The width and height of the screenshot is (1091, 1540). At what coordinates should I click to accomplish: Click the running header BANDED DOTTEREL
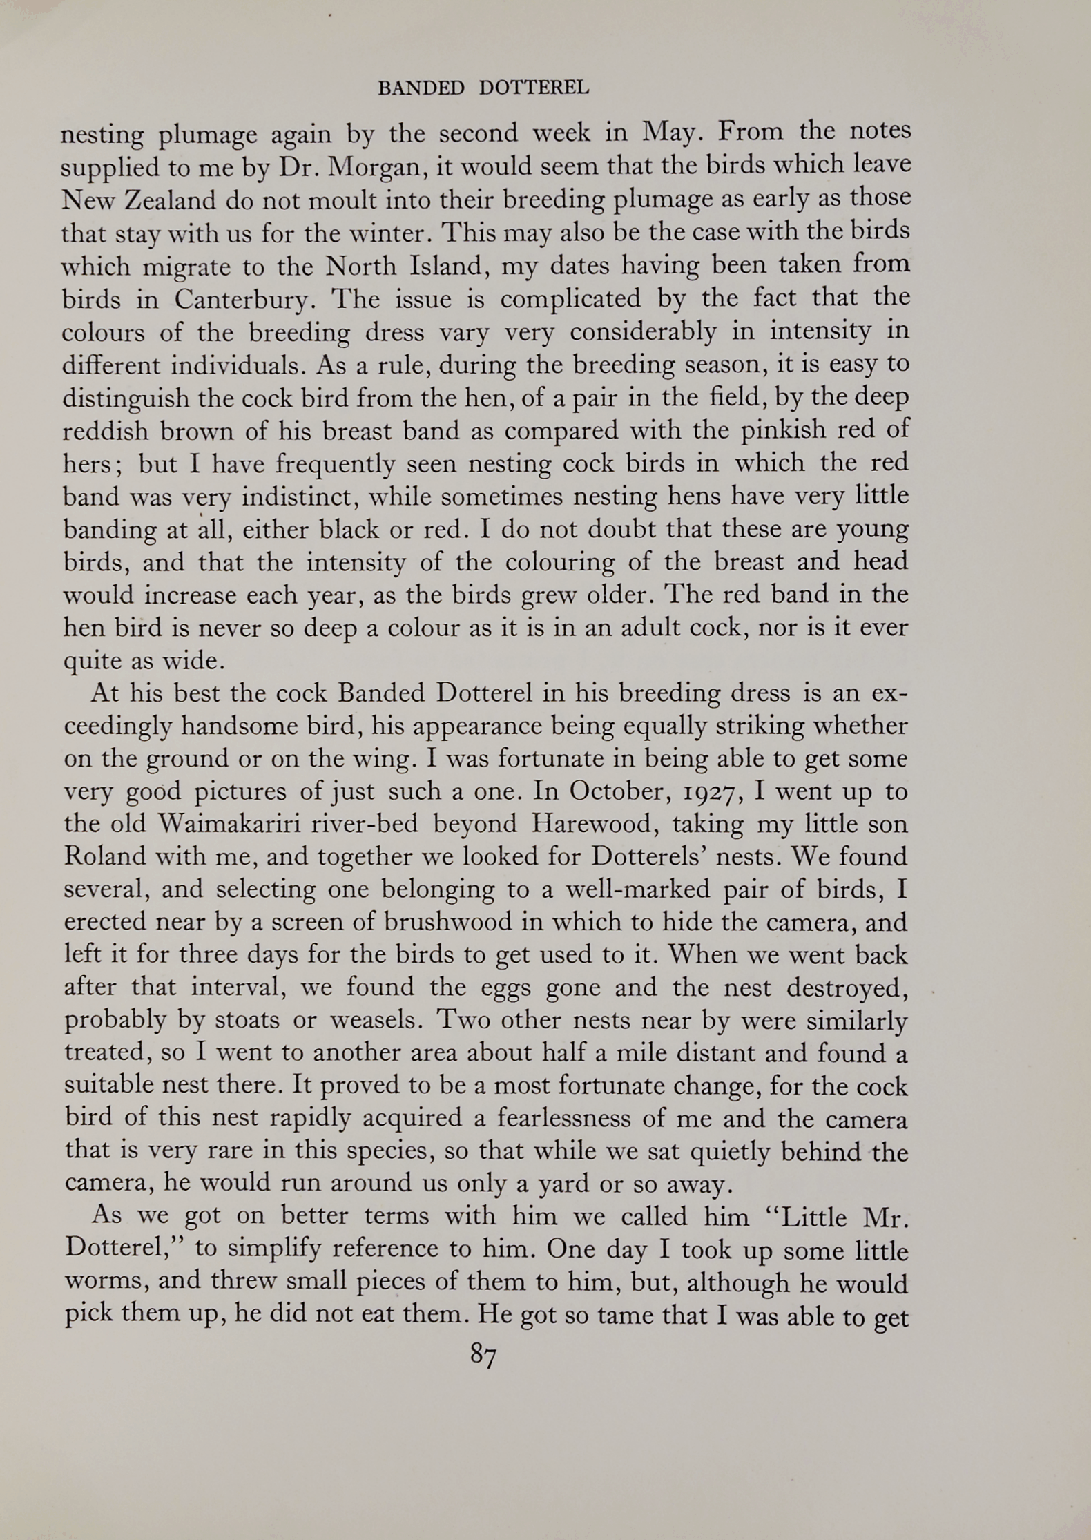coord(483,88)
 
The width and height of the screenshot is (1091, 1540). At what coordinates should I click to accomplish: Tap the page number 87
coord(483,1356)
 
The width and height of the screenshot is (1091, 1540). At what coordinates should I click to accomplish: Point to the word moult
coord(340,200)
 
